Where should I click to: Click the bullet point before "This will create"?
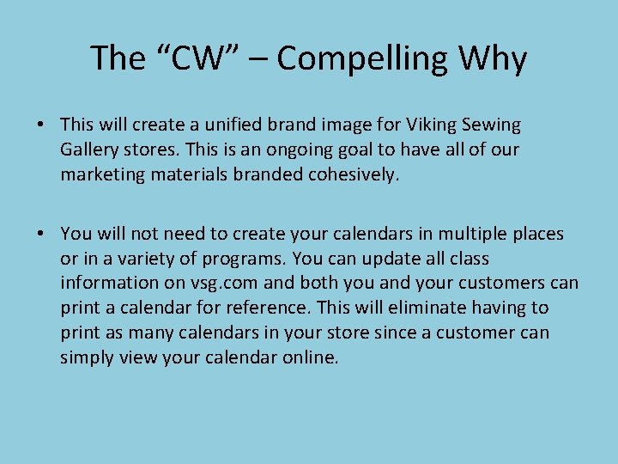point(41,125)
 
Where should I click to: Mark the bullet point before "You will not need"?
point(41,234)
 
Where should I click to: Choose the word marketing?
point(101,175)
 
